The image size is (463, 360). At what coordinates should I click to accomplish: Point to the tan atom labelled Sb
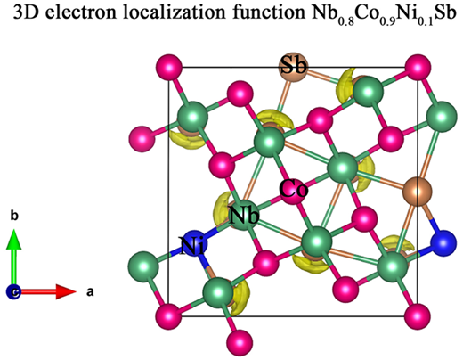[x=294, y=67]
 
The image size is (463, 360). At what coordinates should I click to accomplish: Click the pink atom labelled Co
[x=293, y=191]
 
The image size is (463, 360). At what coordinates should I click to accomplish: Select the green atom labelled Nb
[x=244, y=216]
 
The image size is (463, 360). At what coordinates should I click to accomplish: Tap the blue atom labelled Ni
[x=194, y=243]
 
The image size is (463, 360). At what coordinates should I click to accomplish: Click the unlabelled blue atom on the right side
[x=443, y=243]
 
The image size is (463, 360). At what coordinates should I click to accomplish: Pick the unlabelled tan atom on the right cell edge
[x=417, y=192]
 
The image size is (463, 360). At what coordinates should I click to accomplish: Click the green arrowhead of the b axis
[x=13, y=239]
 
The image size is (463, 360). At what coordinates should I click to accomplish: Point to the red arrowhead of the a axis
[x=66, y=291]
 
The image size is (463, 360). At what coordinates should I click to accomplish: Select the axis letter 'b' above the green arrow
[x=14, y=216]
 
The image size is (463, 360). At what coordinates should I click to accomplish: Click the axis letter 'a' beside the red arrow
[x=90, y=292]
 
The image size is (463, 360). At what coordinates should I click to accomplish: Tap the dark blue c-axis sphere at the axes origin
[x=13, y=291]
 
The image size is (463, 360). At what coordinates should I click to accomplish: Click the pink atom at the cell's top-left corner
[x=169, y=67]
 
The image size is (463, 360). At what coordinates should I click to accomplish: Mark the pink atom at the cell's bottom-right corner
[x=417, y=316]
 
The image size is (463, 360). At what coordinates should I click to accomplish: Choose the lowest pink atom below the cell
[x=240, y=342]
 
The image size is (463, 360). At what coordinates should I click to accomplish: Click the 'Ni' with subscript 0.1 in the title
[x=410, y=15]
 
